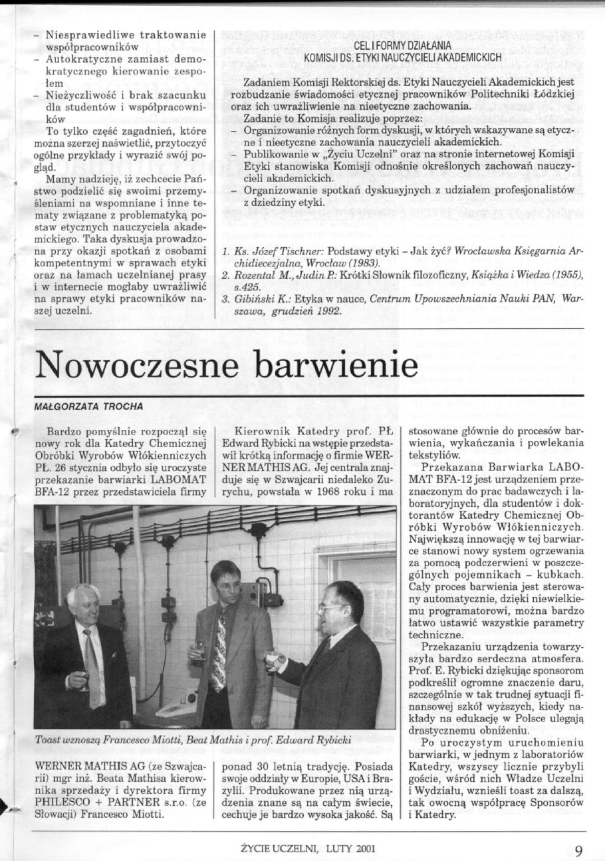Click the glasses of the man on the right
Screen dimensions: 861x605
pos(330,607)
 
